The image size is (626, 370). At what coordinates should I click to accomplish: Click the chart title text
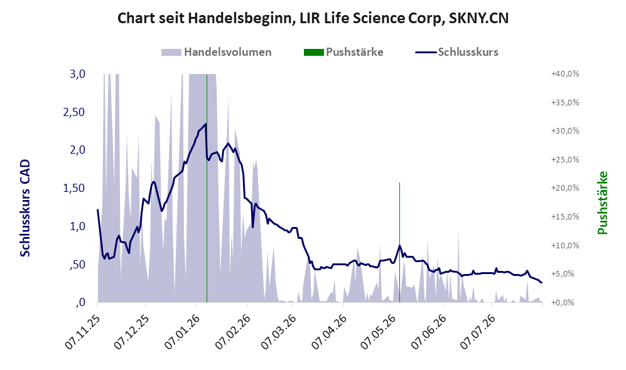point(313,18)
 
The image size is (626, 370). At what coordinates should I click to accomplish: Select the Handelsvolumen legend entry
point(217,52)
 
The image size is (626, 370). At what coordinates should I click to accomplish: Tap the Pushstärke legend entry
point(343,52)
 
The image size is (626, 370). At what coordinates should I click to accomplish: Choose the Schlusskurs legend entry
point(456,52)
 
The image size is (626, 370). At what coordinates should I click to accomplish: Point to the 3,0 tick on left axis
point(77,74)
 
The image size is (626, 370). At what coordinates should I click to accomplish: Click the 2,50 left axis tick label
point(74,112)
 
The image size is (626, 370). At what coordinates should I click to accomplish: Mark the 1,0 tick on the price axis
point(77,226)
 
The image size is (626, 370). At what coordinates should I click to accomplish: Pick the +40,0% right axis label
point(565,74)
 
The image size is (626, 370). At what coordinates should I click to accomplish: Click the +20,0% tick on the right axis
point(565,188)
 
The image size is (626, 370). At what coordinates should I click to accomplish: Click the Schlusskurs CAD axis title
point(25,208)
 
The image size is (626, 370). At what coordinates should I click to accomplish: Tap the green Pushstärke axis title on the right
point(602,203)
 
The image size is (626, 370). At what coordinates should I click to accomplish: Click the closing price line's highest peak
point(205,124)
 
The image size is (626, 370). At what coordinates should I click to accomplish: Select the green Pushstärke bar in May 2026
point(399,243)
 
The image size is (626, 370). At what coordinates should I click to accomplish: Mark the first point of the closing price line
point(98,209)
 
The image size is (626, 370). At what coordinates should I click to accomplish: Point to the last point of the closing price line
point(542,283)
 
